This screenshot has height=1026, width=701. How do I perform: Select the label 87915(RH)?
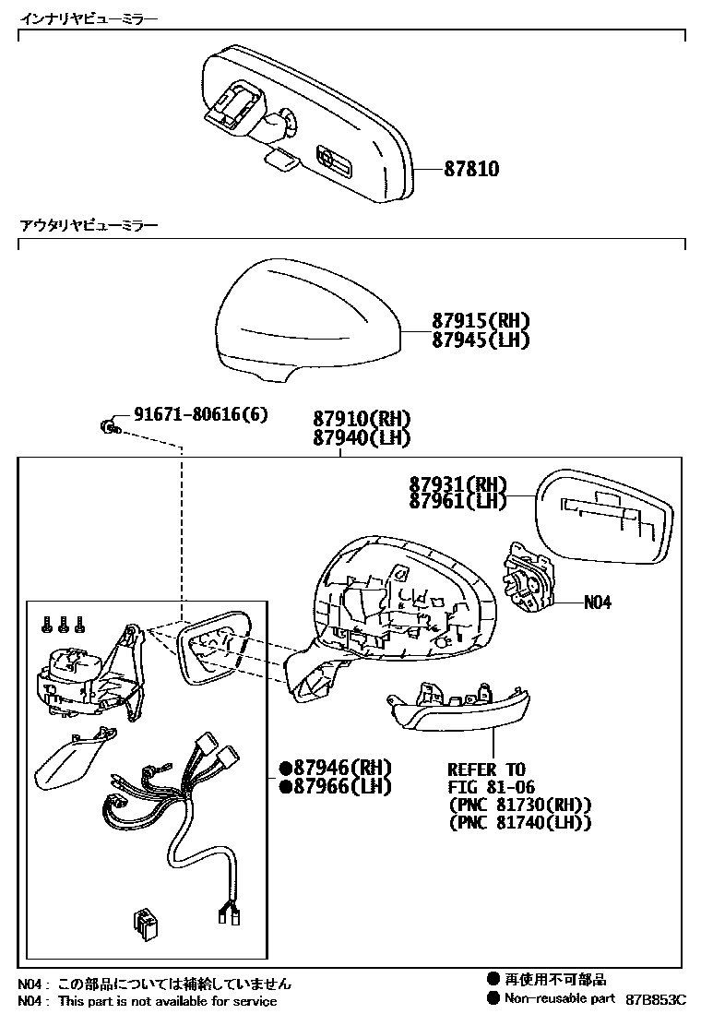(481, 322)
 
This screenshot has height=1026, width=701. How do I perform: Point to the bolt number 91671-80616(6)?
(200, 415)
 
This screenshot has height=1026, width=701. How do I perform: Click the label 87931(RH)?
(457, 483)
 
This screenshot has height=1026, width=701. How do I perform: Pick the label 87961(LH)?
(457, 501)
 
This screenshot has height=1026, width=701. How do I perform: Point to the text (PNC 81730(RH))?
(519, 805)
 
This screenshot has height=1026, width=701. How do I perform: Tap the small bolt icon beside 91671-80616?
(109, 424)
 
